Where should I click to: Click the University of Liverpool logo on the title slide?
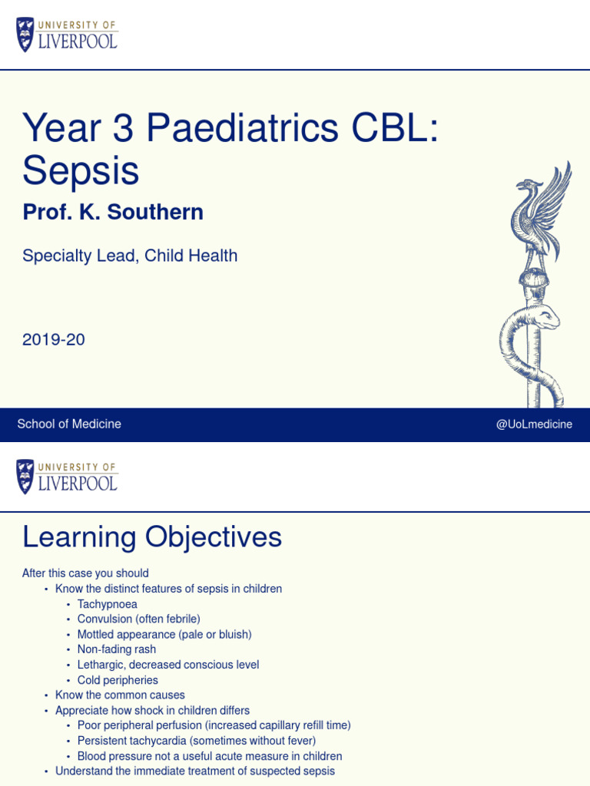[x=67, y=35]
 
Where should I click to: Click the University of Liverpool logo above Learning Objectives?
[x=67, y=477]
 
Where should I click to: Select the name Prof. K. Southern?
[x=113, y=213]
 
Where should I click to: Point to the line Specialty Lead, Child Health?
[x=130, y=256]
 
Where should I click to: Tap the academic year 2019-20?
[x=54, y=339]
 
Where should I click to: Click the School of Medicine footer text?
[x=69, y=424]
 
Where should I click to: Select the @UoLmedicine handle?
[x=534, y=424]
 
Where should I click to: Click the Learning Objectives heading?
[x=152, y=537]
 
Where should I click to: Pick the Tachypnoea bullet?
[x=107, y=604]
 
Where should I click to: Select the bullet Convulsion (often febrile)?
[x=138, y=619]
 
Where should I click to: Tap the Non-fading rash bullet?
[x=116, y=649]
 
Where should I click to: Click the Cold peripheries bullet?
[x=118, y=680]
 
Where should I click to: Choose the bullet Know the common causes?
[x=120, y=695]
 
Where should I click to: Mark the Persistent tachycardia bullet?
[x=196, y=741]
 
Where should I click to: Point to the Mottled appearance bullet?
[x=164, y=634]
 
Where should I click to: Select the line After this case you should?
[x=85, y=573]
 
